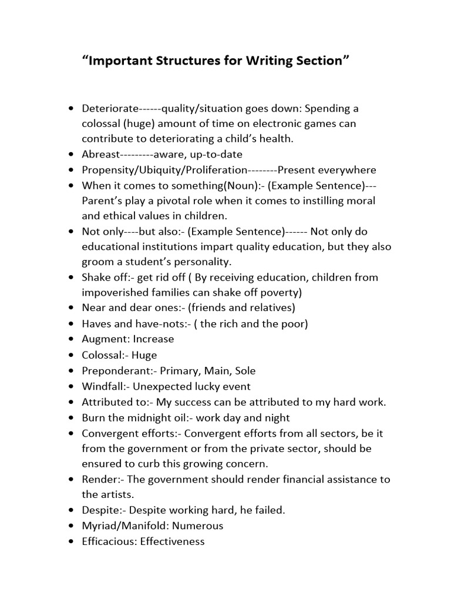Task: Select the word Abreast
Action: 100,154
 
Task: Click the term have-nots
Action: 162,323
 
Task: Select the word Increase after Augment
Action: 153,339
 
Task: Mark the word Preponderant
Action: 110,371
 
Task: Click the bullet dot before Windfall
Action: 71,386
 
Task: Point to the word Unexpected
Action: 167,386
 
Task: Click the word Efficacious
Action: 109,541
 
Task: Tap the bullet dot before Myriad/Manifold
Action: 71,526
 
